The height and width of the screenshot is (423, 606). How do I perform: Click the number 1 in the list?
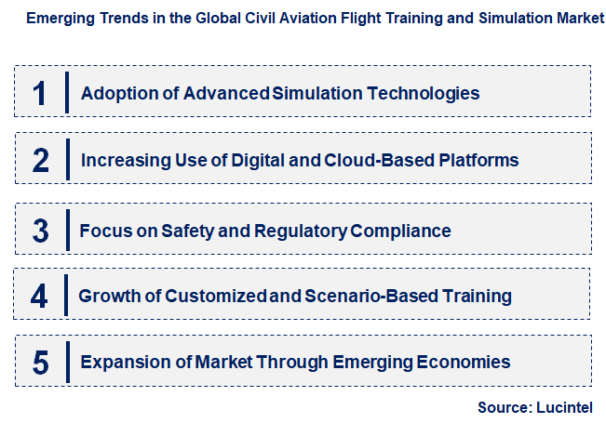tap(39, 93)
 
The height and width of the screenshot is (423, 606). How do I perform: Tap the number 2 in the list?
tap(39, 160)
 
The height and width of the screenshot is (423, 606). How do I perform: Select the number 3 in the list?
tap(39, 230)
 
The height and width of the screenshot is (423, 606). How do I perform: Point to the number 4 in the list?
tap(39, 297)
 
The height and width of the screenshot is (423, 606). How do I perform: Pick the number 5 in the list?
tap(39, 363)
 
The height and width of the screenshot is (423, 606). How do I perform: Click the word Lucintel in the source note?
tap(562, 407)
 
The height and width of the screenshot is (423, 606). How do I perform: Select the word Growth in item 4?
tap(110, 297)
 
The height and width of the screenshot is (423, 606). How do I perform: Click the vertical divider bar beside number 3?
tap(67, 230)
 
